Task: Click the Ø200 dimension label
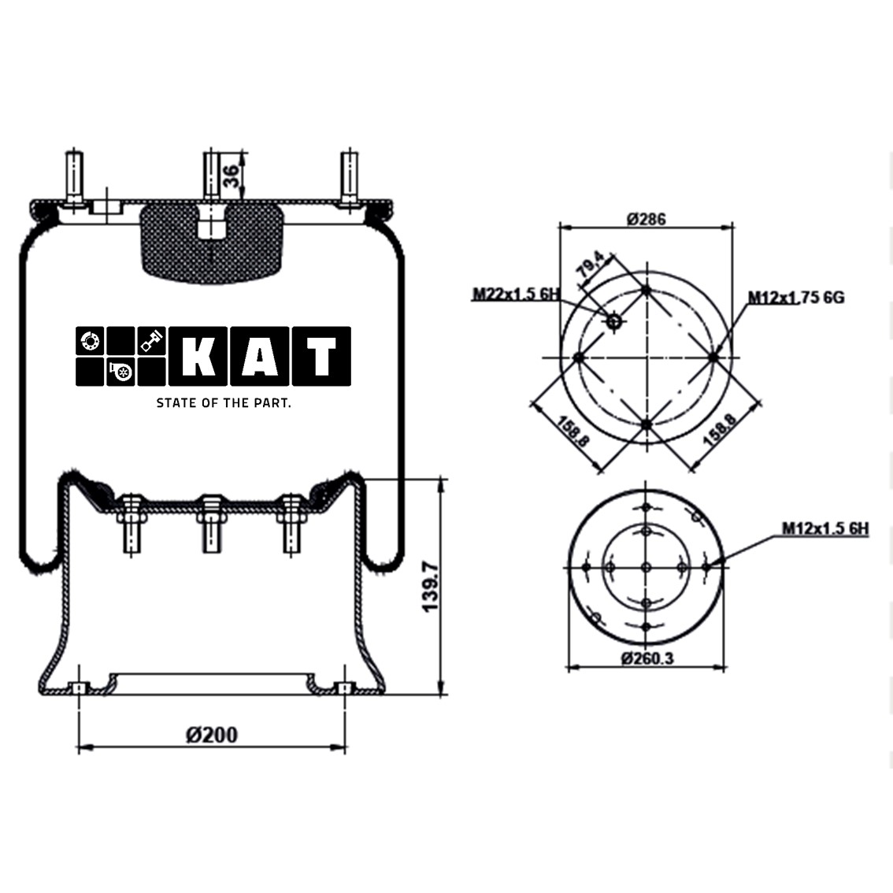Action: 211,735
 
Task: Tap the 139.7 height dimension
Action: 429,587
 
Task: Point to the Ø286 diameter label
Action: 646,218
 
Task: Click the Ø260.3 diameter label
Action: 647,658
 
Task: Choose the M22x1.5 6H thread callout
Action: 516,295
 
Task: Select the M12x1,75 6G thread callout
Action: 795,297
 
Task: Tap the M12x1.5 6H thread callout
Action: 824,528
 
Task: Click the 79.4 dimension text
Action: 591,265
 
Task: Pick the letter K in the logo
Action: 198,357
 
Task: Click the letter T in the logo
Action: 321,357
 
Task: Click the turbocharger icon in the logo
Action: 121,371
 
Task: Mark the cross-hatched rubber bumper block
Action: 211,241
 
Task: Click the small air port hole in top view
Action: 613,320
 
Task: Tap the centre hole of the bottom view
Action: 646,567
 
